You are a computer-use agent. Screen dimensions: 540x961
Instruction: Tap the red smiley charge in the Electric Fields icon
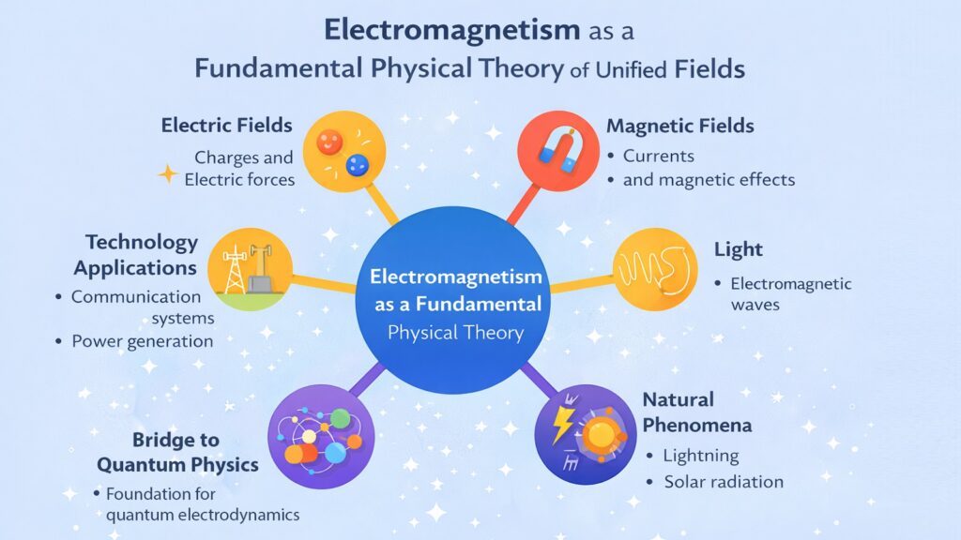point(328,143)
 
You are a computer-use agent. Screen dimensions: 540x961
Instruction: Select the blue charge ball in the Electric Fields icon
point(357,165)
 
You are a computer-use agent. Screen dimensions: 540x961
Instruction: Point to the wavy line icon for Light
point(657,271)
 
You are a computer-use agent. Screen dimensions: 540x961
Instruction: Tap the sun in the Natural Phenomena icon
point(598,436)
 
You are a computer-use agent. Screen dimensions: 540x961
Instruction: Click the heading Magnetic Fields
point(680,126)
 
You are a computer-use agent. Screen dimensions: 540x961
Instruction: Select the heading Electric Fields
point(227,125)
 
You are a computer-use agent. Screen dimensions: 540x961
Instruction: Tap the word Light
point(739,250)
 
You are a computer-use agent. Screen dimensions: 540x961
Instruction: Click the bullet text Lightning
point(701,456)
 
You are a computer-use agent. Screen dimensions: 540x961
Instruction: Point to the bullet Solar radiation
point(724,482)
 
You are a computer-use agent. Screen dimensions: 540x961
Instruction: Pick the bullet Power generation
point(143,341)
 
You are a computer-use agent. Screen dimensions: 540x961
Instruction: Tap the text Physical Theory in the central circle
point(455,333)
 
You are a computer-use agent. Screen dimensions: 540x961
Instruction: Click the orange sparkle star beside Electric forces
point(168,173)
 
